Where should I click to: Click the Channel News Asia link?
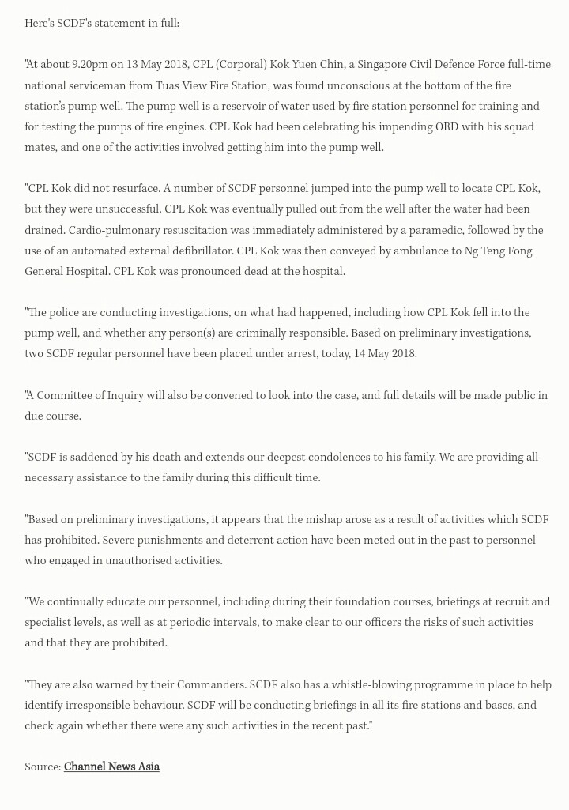click(111, 767)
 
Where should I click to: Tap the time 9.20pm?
click(91, 65)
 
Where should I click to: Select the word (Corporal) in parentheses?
click(241, 65)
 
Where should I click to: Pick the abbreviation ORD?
click(446, 126)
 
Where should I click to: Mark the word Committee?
click(65, 395)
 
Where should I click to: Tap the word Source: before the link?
click(43, 767)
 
